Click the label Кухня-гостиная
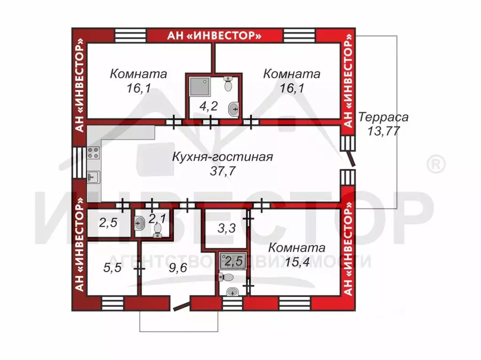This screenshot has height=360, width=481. (222, 157)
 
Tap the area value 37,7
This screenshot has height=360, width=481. (223, 171)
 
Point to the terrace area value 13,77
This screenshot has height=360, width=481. (383, 131)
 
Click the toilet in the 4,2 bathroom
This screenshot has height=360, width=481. (228, 84)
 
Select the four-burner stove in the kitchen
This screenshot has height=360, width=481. (93, 153)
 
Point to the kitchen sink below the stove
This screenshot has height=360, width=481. (93, 177)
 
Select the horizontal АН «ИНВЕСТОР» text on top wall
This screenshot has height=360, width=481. (215, 35)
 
